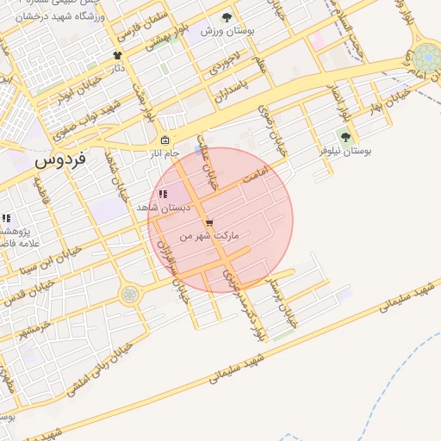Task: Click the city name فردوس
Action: pyautogui.click(x=61, y=161)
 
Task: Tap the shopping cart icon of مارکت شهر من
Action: pyautogui.click(x=209, y=223)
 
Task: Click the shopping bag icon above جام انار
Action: pyautogui.click(x=165, y=140)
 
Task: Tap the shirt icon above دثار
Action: pyautogui.click(x=118, y=55)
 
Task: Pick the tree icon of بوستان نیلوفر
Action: pyautogui.click(x=345, y=136)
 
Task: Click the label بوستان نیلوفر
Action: pyautogui.click(x=345, y=150)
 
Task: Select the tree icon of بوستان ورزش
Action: pyautogui.click(x=227, y=17)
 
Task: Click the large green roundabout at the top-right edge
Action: pyautogui.click(x=425, y=59)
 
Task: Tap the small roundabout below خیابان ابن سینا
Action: pyautogui.click(x=129, y=295)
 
